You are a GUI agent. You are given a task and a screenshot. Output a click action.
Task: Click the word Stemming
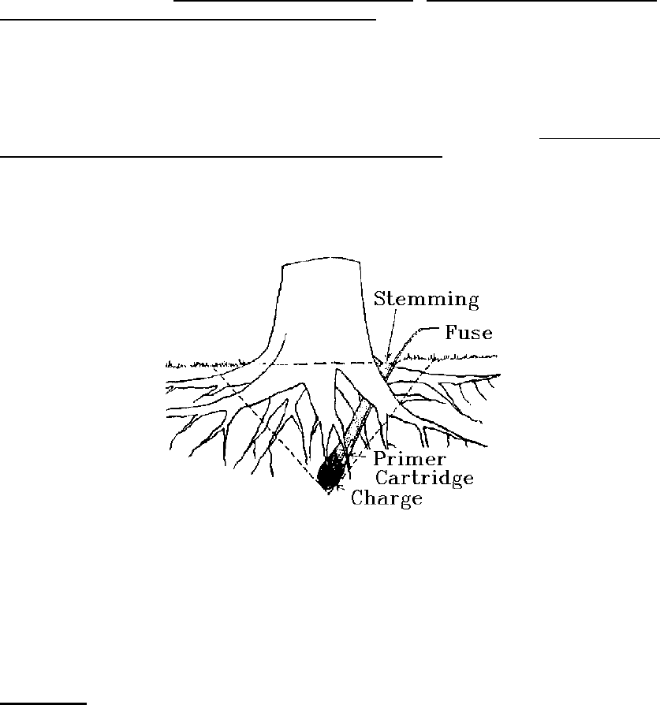tap(426, 300)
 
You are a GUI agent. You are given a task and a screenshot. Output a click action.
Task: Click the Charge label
tap(387, 498)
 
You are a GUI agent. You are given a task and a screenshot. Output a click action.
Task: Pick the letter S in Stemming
tap(379, 300)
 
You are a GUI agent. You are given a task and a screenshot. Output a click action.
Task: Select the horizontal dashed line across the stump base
tap(315, 364)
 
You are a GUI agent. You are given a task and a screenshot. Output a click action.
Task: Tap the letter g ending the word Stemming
tap(473, 302)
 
